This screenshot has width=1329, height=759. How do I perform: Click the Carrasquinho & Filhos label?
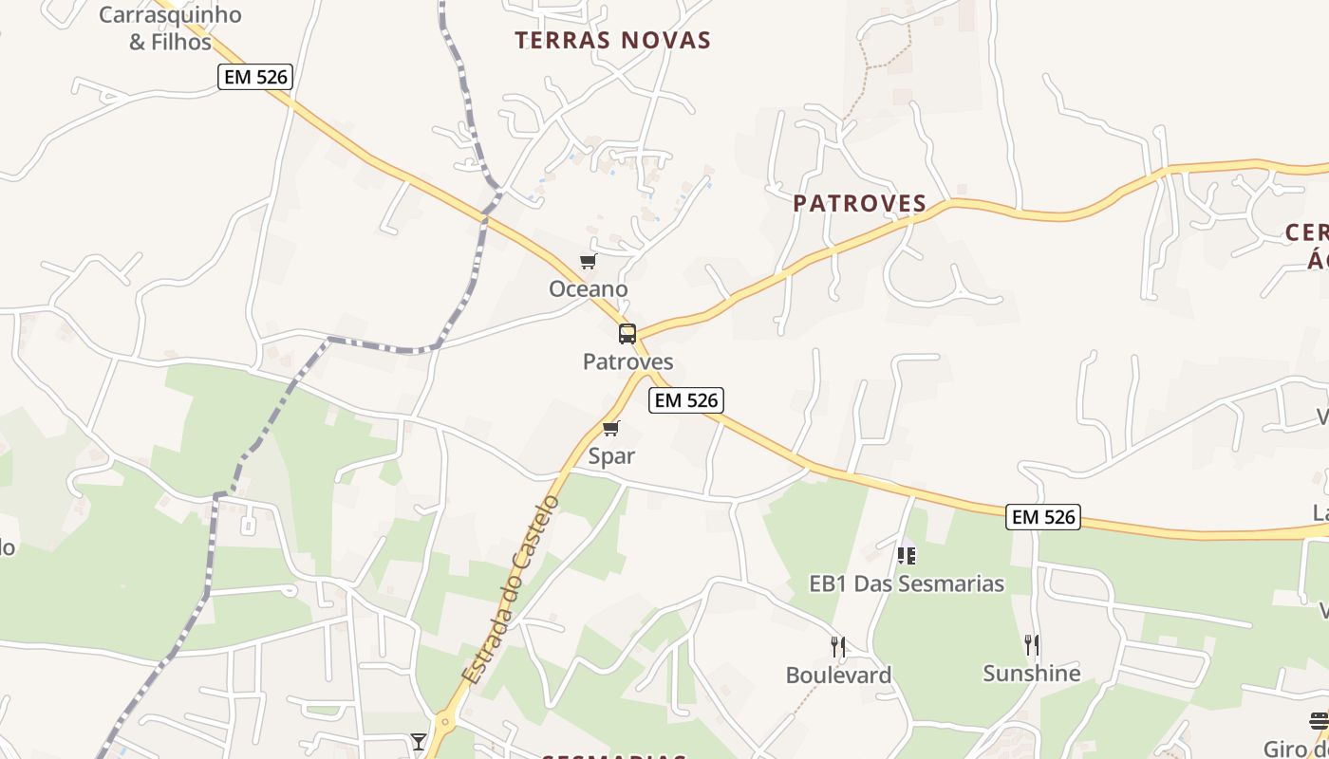[170, 28]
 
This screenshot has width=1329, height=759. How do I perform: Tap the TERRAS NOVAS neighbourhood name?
[613, 40]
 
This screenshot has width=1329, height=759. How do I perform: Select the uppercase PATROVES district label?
[859, 203]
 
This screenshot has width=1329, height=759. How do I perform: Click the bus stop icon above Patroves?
[627, 334]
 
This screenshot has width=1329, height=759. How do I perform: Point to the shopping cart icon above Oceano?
[589, 262]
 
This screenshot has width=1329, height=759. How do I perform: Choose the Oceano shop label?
[589, 288]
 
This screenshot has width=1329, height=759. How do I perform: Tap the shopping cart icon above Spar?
[611, 429]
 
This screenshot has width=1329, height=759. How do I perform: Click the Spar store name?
[611, 455]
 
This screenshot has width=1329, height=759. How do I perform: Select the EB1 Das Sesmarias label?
[907, 583]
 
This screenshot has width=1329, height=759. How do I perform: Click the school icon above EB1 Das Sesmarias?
[907, 555]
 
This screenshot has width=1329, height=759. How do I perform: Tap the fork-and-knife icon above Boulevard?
[838, 647]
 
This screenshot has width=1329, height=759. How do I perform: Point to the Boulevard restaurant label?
[838, 675]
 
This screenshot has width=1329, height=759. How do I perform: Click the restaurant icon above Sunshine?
[1032, 645]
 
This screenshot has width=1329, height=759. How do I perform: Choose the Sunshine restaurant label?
[1032, 673]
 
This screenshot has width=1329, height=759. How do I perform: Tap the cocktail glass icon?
[419, 741]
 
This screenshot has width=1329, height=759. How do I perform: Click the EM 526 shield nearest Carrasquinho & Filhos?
[254, 77]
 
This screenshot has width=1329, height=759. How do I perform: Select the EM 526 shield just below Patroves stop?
[686, 400]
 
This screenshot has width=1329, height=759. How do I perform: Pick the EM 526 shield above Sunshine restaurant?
[1044, 517]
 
